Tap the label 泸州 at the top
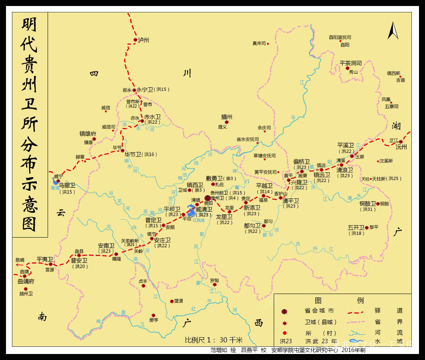pos(143,40)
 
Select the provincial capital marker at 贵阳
pos(207,198)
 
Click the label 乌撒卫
pos(67,185)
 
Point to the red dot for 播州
pos(227,122)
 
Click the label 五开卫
pos(356,227)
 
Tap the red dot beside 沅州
pos(400,141)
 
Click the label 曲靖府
pos(26,281)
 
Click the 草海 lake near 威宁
pos(55,182)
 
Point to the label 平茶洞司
pos(351,63)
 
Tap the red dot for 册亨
pos(153,315)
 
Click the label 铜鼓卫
pos(367,203)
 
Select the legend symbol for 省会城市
pos(285,311)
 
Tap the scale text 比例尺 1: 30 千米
pos(214,340)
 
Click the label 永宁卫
pos(144,90)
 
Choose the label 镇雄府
pos(88,134)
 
